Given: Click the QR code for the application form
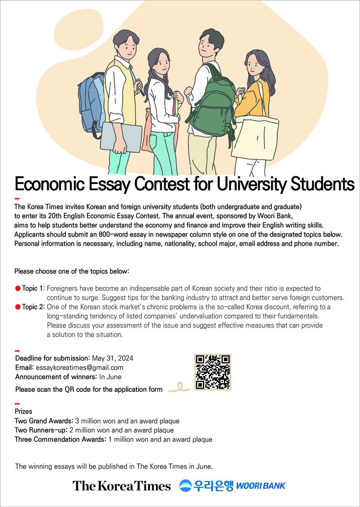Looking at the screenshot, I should point(212,372).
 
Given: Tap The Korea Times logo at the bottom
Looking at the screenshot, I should point(121,486).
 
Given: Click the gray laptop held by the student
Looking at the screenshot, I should point(121,137).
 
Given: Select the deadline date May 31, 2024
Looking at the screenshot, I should point(112,359).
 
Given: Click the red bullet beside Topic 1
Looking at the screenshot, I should point(18,288).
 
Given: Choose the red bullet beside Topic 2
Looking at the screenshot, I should point(18,307).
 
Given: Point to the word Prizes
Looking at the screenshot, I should point(23,411).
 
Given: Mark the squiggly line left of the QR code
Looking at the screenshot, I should point(179,387).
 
